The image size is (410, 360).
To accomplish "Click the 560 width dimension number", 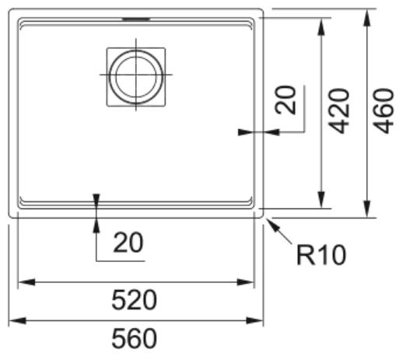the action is [x=134, y=339].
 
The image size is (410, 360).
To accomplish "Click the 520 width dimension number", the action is [x=134, y=300].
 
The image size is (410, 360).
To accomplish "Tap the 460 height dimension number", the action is [x=384, y=111].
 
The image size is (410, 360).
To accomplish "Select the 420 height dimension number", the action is [x=339, y=111].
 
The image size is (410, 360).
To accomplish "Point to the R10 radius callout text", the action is [x=321, y=255].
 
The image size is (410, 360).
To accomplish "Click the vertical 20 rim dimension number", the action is [x=286, y=100].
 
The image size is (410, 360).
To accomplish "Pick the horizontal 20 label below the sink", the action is [x=128, y=243].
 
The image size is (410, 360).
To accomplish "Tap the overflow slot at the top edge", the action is [x=136, y=19].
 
